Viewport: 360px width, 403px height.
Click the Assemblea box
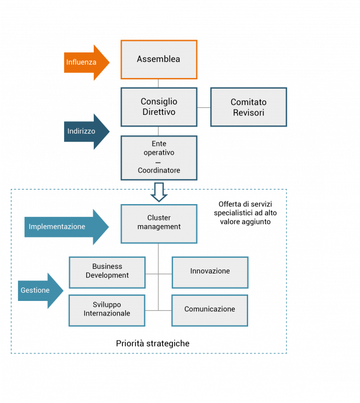coord(158,59)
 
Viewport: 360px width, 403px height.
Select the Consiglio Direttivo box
coord(158,107)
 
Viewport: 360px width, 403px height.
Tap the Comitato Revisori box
coord(248,107)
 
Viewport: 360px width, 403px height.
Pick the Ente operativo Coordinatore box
coord(158,157)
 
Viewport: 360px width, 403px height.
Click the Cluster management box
coord(158,223)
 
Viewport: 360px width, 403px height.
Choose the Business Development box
coord(107,272)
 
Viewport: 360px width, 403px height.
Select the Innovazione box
coord(210,272)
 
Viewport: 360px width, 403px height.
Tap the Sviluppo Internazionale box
coord(107,310)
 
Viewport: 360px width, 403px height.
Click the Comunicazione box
coord(210,310)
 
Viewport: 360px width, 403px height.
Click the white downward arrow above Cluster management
coord(158,192)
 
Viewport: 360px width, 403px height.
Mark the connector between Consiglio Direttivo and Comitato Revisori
coord(204,107)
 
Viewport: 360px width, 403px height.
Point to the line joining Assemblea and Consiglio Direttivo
coord(158,83)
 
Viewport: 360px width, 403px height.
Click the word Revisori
coord(248,113)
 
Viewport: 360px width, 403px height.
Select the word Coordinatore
coord(158,171)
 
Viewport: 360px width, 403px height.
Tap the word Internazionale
coord(107,314)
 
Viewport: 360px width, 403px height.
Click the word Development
coord(107,276)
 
